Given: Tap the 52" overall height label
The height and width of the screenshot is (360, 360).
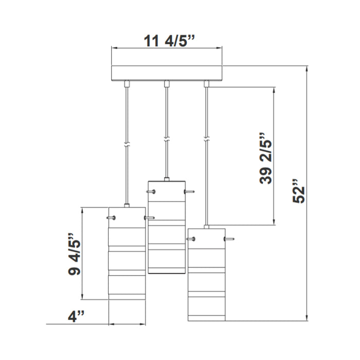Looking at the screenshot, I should click(x=298, y=191).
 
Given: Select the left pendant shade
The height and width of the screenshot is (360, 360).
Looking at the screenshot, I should click(x=127, y=265).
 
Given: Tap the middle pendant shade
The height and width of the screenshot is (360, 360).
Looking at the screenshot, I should click(x=166, y=226).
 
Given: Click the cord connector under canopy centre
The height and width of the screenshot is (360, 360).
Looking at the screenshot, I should click(x=166, y=84).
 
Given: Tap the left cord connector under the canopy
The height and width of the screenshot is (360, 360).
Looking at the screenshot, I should click(x=127, y=84).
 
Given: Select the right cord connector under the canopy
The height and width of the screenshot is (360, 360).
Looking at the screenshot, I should click(x=206, y=84).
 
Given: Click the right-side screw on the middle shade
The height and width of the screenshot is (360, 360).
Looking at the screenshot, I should click(x=188, y=192).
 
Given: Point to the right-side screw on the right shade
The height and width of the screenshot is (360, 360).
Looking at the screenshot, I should click(x=229, y=239).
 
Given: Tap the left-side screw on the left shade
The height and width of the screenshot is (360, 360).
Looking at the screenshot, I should click(x=111, y=218).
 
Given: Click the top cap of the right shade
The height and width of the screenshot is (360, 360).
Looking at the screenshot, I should click(x=206, y=226).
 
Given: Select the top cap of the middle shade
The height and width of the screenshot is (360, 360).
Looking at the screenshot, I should click(x=166, y=179).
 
